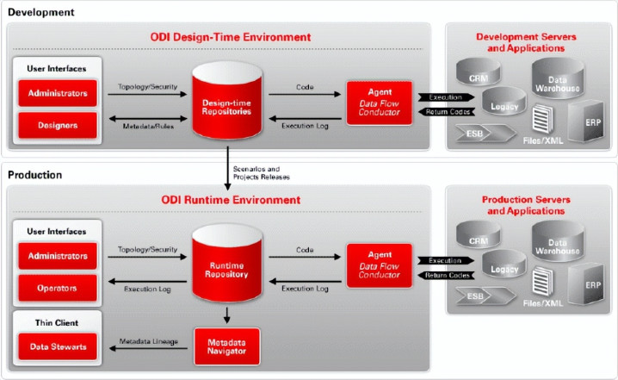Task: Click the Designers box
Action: coord(58,126)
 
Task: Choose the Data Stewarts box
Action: coord(58,347)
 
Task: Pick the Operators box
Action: coord(58,288)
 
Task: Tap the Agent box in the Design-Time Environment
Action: coord(379,102)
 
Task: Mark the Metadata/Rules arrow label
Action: coord(143,125)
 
